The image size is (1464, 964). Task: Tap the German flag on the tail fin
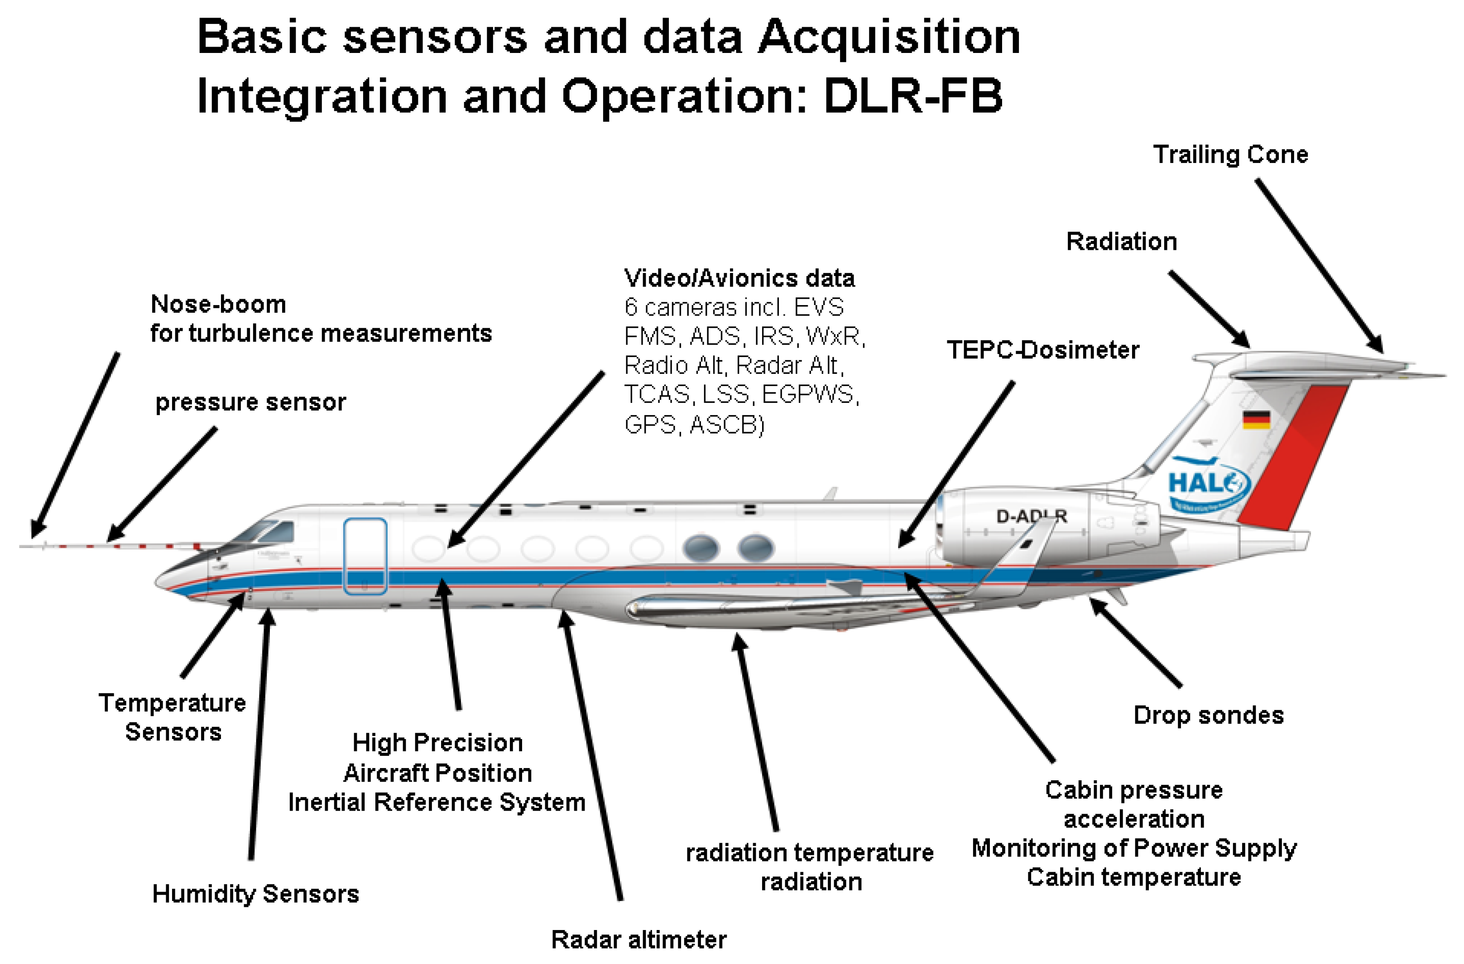click(1256, 420)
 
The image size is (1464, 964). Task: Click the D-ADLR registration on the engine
click(1031, 516)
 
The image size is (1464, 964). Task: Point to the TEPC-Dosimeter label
click(1042, 350)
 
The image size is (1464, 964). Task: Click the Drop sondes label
click(1208, 716)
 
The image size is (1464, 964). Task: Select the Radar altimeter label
click(638, 940)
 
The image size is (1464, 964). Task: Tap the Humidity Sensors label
click(255, 894)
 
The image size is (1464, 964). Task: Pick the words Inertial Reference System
click(437, 802)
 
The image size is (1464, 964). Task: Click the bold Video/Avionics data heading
click(739, 278)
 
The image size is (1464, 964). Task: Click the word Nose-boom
click(218, 304)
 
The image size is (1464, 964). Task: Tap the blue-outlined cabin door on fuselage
click(365, 555)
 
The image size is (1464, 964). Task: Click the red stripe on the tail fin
click(1292, 455)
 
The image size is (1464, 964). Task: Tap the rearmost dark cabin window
click(755, 547)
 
